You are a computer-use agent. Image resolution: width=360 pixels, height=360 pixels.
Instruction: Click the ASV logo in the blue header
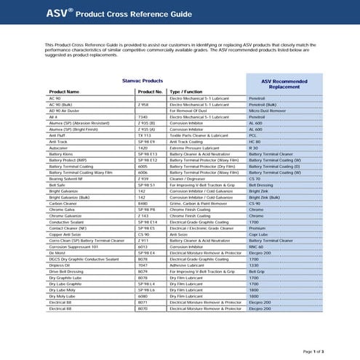point(60,12)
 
